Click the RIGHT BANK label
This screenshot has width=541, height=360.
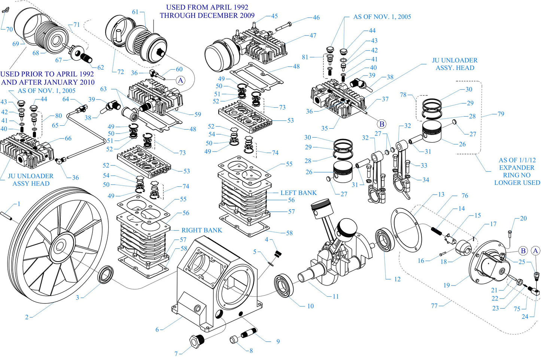click(201, 230)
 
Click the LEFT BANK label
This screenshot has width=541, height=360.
click(298, 193)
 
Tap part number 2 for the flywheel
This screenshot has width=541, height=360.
click(27, 317)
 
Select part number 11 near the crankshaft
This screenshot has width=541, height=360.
click(335, 296)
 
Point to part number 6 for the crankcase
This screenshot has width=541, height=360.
click(157, 330)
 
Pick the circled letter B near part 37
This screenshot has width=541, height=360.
click(382, 124)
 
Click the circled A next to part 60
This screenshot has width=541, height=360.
click(180, 80)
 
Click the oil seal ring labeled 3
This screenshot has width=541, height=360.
click(105, 274)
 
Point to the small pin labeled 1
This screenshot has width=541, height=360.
click(7, 216)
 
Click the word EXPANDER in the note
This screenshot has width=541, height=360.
click(517, 168)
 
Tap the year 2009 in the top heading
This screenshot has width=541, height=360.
click(247, 15)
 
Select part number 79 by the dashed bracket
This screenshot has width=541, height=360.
click(501, 114)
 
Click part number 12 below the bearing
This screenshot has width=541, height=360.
click(397, 279)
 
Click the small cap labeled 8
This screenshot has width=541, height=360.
click(234, 339)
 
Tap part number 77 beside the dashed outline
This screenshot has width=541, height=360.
click(434, 306)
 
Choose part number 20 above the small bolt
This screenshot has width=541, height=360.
click(523, 218)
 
